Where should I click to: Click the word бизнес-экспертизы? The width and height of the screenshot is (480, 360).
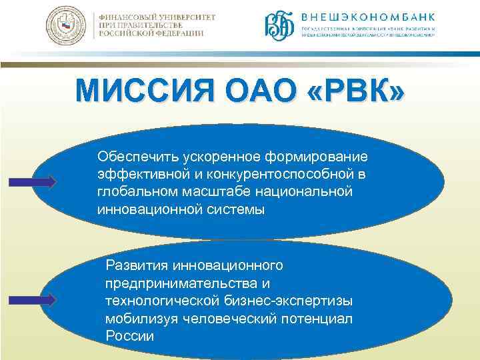click(291, 300)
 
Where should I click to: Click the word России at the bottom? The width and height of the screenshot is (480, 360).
click(129, 335)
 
